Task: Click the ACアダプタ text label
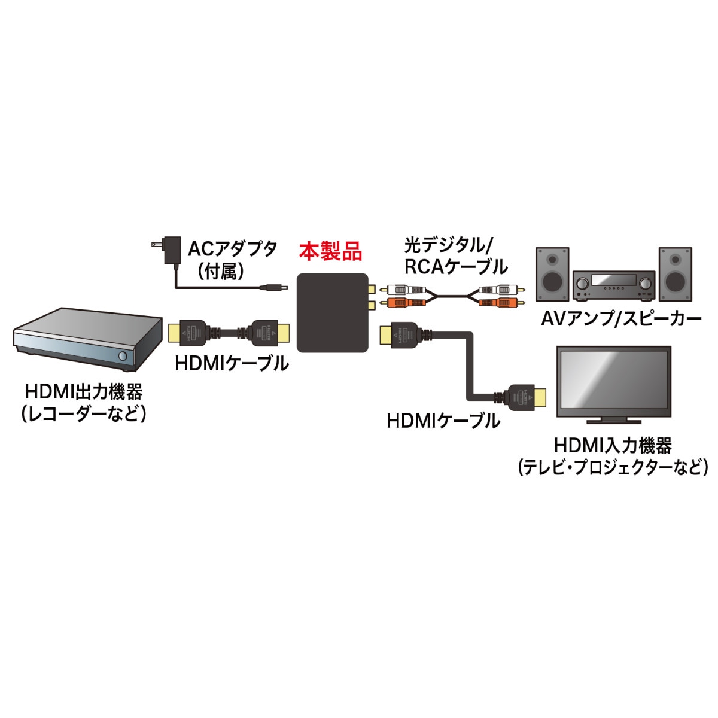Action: (233, 247)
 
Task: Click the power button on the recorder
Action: (123, 356)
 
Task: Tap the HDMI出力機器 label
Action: (84, 392)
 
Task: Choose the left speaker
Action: (552, 275)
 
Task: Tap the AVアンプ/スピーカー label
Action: (620, 318)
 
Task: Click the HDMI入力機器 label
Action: (613, 445)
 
